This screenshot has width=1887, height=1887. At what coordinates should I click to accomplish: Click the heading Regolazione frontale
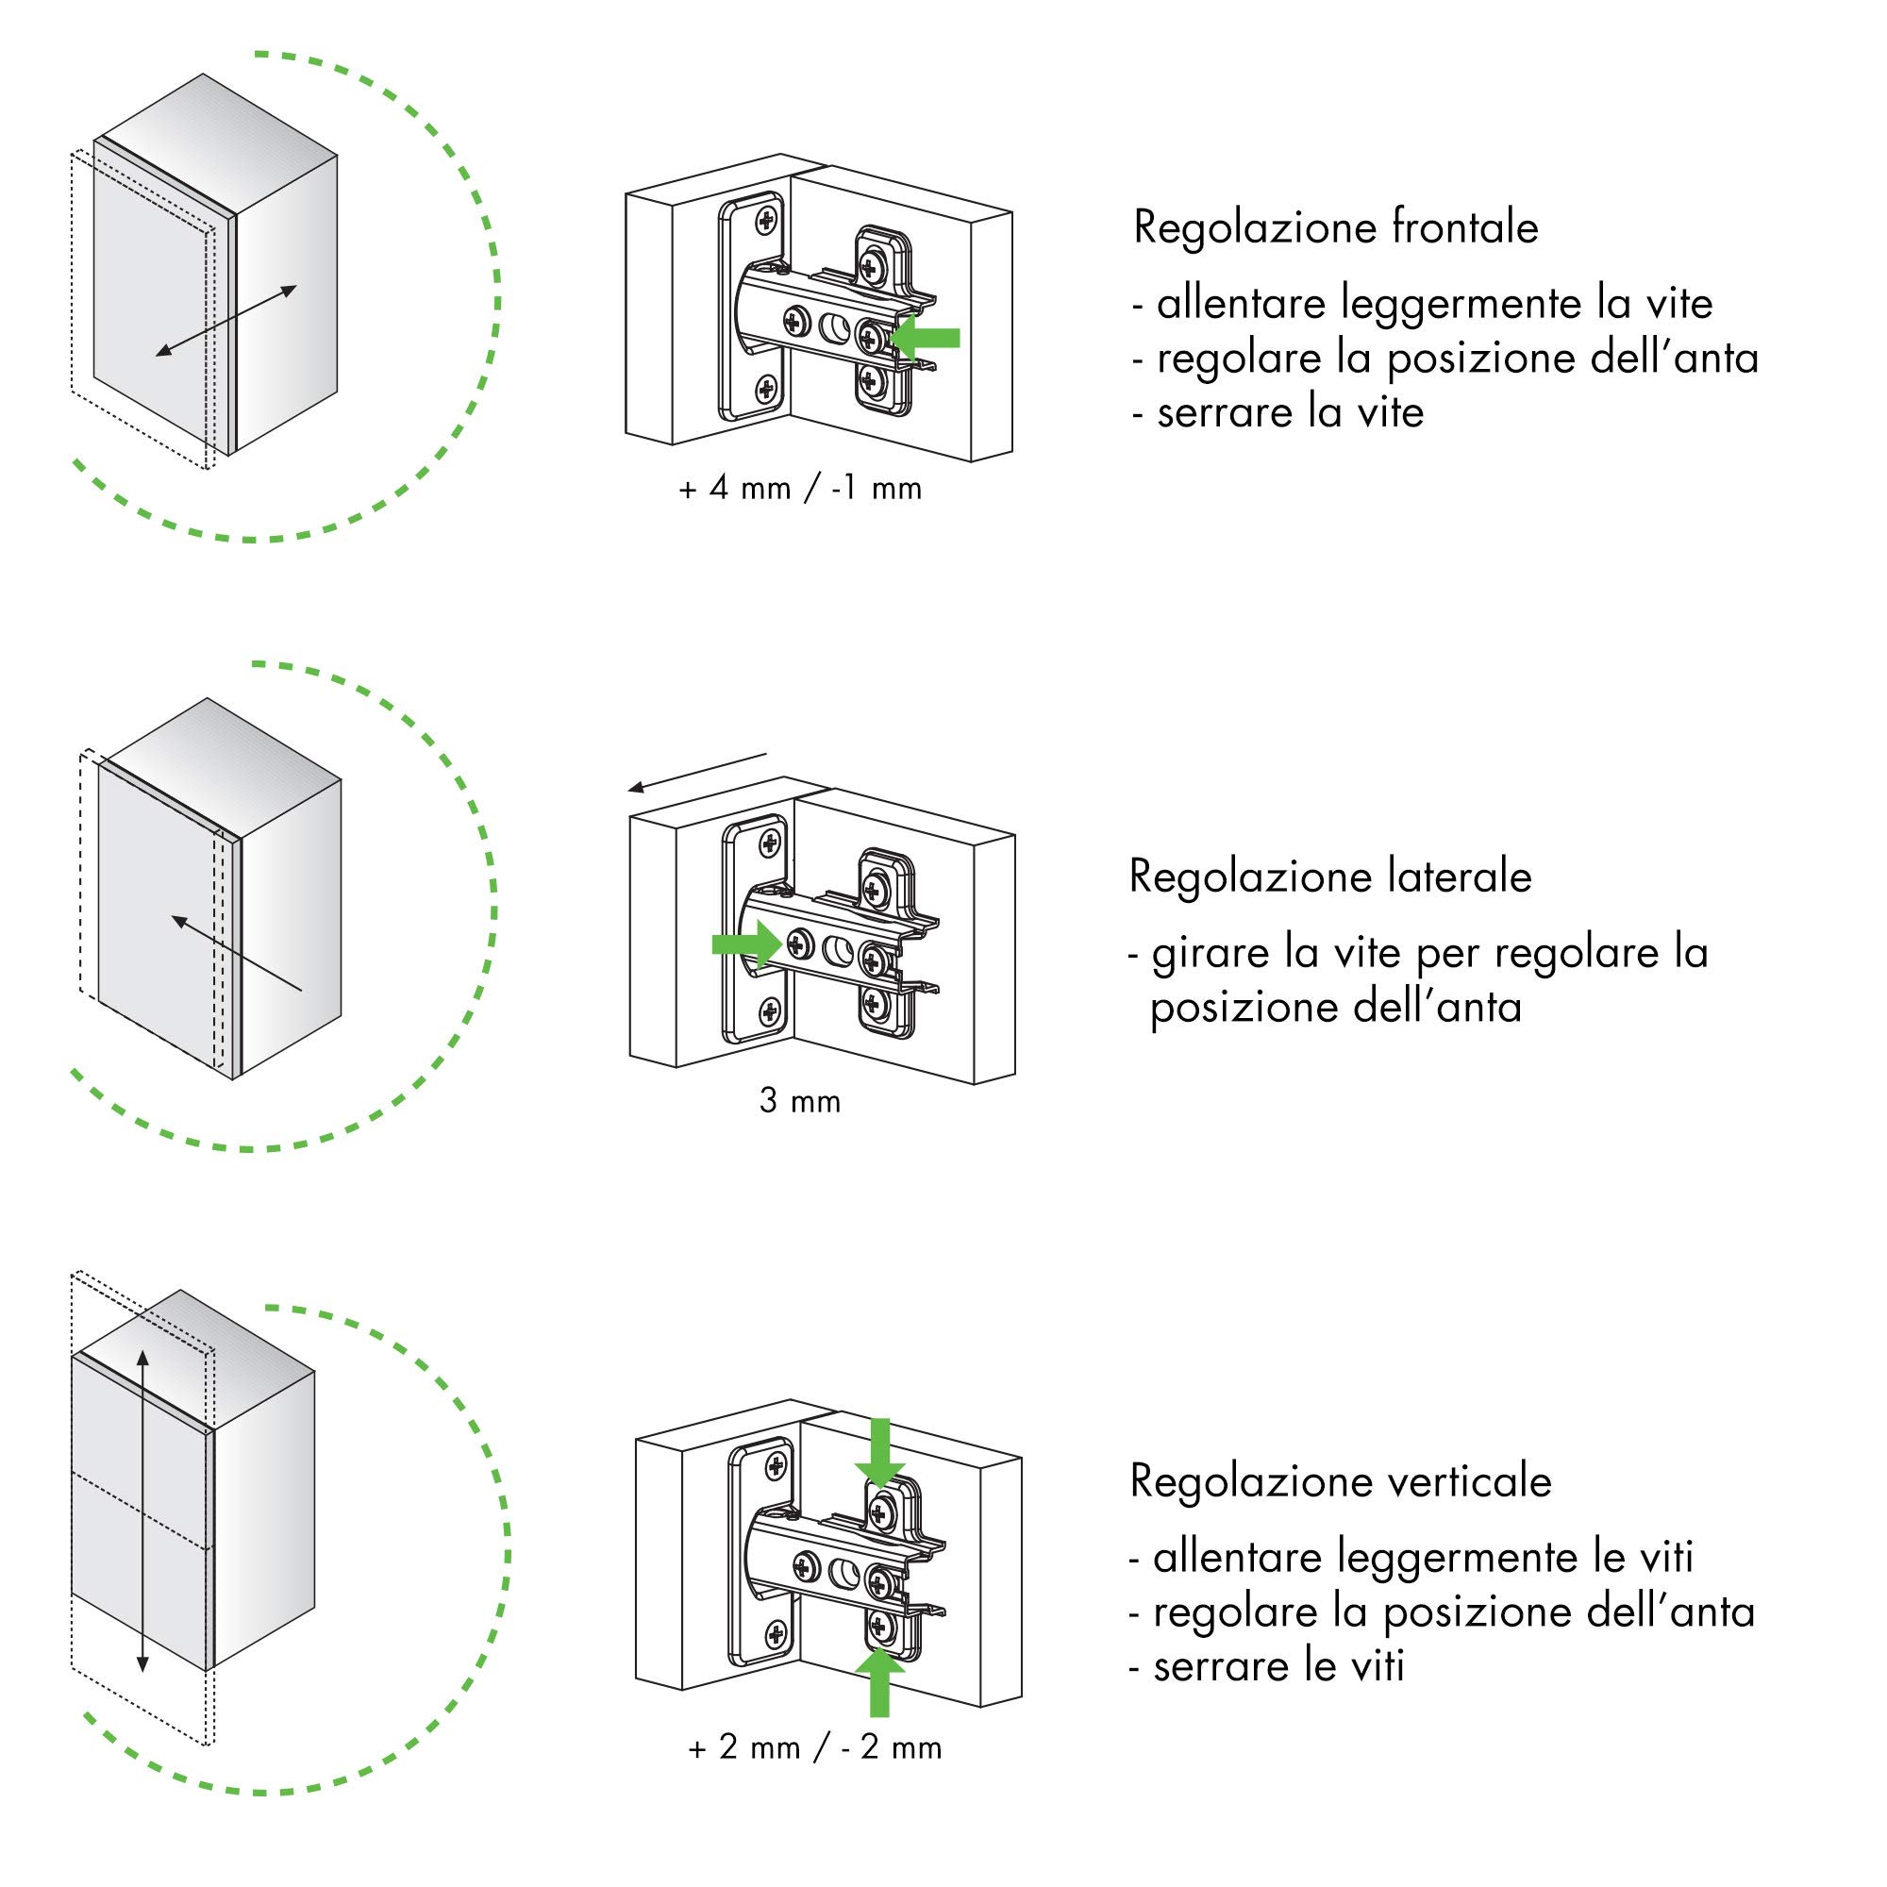[1335, 228]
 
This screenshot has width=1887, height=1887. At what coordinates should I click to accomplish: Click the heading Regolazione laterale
[1330, 877]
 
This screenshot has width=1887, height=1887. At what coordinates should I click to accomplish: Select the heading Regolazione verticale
[1340, 1480]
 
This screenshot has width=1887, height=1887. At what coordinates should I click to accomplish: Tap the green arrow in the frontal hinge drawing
[925, 338]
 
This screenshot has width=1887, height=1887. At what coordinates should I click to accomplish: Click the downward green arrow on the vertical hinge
[880, 1453]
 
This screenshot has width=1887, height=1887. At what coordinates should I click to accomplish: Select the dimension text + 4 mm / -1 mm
[801, 489]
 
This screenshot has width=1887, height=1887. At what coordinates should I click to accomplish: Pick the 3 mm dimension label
[800, 1102]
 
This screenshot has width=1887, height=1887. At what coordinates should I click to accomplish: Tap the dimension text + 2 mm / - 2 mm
[815, 1747]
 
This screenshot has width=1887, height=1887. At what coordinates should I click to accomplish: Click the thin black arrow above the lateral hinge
[697, 772]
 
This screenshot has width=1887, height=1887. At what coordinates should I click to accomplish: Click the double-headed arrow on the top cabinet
[226, 322]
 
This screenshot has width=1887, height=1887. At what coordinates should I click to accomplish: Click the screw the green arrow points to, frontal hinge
[868, 338]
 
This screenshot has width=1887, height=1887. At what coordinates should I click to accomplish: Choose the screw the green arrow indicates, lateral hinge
[799, 944]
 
